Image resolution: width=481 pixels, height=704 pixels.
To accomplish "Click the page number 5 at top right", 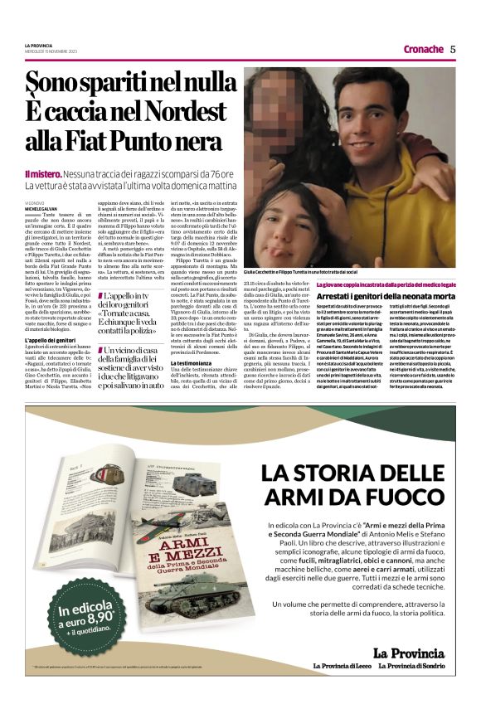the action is click(453, 49).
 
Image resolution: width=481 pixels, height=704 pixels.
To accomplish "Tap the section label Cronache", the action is click(423, 49).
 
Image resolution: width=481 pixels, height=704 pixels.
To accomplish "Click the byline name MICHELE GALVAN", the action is click(42, 207).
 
